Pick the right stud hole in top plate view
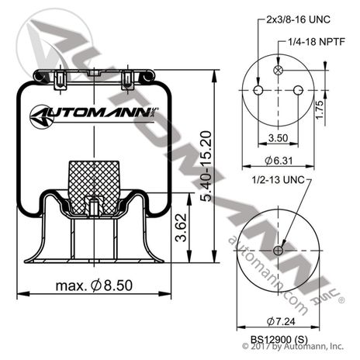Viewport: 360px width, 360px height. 298,91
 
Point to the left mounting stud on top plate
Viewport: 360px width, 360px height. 59,77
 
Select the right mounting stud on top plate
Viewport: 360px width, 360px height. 126,77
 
